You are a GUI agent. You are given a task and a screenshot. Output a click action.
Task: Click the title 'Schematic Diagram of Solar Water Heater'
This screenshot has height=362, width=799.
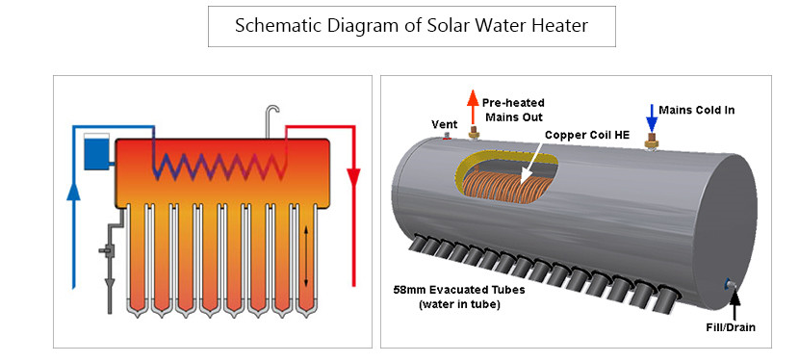click(x=412, y=26)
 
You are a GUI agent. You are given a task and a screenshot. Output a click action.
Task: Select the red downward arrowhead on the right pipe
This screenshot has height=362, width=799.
click(x=353, y=179)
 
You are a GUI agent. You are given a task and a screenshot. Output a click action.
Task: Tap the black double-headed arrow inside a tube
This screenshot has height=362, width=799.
click(x=307, y=255)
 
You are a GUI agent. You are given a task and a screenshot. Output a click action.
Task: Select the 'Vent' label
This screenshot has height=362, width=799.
click(x=445, y=122)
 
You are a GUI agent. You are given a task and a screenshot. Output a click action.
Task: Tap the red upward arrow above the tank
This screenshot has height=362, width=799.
click(x=472, y=104)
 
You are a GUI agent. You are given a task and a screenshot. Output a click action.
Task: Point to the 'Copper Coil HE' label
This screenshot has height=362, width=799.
click(x=587, y=136)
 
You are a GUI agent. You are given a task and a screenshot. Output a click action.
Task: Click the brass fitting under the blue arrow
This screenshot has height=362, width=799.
click(x=652, y=142)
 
